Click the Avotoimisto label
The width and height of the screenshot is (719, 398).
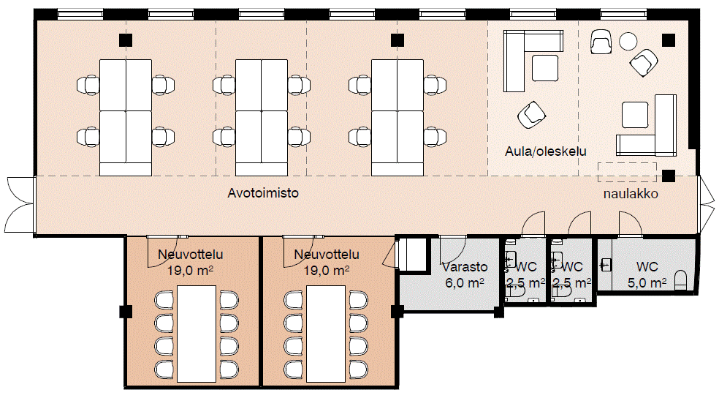coord(264,194)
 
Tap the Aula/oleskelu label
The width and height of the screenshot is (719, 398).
coord(546,151)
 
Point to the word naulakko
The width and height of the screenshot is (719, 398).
coord(631,195)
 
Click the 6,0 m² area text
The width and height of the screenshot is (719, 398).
coord(465,282)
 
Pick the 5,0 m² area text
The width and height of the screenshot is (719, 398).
coord(647,282)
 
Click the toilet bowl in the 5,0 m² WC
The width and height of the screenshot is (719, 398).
coord(681,279)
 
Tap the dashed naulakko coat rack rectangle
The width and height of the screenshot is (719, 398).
coord(627,172)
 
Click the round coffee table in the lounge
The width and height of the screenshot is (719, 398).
coord(628,41)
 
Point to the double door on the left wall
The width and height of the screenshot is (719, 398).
coord(18,206)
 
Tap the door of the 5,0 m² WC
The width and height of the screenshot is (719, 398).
coord(630,224)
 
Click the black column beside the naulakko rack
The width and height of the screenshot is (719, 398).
coord(669,175)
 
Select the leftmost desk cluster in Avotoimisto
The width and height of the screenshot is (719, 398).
coord(125,117)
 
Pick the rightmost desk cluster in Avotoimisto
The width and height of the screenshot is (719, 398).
coord(397,117)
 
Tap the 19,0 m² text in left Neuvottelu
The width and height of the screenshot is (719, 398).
coord(190,270)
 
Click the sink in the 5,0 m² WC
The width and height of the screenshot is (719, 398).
coord(605,264)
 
